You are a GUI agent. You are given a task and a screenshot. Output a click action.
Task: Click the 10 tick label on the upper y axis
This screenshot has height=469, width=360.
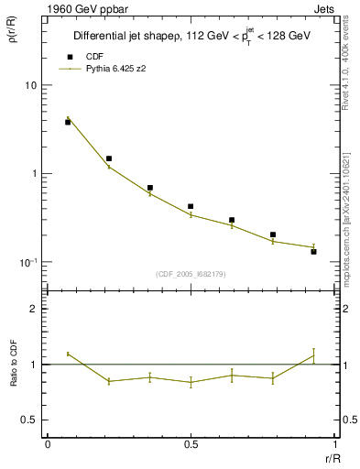30,85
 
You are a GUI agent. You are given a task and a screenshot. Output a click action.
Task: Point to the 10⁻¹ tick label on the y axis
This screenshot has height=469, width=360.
27,263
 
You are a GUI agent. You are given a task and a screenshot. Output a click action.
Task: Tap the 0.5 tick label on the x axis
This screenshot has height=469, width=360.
191,443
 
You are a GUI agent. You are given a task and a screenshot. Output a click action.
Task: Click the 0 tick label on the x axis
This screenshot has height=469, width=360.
48,443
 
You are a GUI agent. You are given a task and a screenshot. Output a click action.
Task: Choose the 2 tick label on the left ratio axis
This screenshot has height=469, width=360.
35,309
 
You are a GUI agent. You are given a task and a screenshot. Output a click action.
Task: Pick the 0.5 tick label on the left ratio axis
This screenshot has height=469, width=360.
30,420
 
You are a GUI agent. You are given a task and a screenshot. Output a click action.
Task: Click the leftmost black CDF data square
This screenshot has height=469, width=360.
68,122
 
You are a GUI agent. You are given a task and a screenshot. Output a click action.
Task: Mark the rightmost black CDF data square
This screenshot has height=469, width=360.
313,251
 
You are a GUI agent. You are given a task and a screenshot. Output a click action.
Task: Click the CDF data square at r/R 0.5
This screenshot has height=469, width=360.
191,206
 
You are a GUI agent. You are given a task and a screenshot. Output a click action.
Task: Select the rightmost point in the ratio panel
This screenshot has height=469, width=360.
313,356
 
